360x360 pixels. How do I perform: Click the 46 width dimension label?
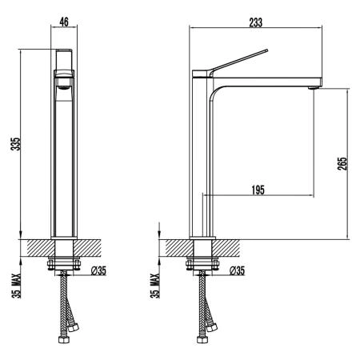[64, 22]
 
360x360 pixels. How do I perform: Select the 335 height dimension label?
[15, 144]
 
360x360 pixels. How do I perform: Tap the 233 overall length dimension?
[256, 22]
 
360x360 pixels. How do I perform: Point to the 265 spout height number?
[342, 163]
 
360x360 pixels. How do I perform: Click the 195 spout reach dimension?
[258, 190]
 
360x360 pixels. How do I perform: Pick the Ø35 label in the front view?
[98, 271]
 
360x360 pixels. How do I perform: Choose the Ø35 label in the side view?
[237, 271]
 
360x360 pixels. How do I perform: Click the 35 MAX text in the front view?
[17, 286]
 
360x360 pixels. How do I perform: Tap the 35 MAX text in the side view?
[155, 286]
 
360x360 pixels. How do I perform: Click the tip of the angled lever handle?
[266, 50]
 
